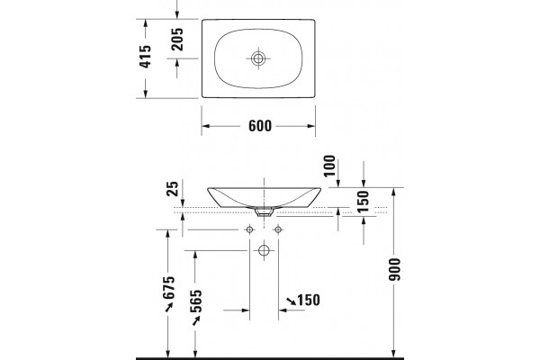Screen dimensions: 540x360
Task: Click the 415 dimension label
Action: [145, 57]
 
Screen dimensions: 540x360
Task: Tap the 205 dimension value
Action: [177, 40]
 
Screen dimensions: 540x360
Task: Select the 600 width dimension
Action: [260, 126]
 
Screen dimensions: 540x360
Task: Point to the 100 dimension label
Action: [329, 166]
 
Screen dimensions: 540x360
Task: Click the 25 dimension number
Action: [173, 188]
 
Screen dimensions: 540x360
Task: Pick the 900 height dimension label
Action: [395, 269]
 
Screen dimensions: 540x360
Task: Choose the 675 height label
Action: [169, 288]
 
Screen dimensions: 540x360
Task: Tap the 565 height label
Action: [196, 301]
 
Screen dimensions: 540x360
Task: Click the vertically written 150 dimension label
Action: [364, 202]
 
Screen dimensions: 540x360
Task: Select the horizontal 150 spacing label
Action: [309, 300]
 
